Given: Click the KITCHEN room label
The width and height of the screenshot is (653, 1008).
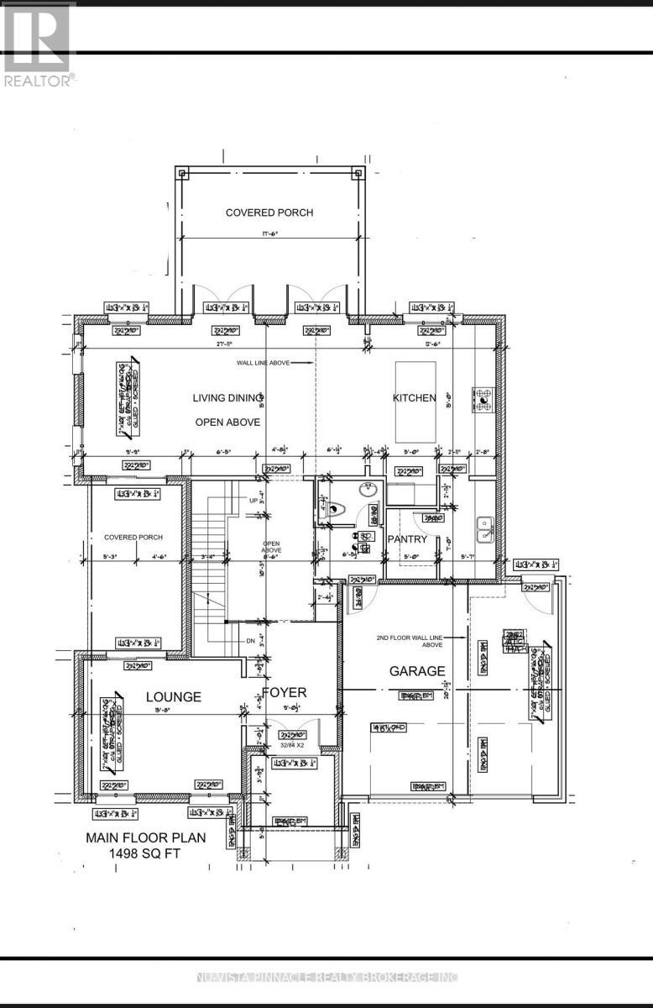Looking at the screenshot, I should pos(414,397).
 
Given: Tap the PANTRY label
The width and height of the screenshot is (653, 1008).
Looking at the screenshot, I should pos(407,539).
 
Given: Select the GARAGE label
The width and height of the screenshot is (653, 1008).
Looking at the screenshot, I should pos(415,671).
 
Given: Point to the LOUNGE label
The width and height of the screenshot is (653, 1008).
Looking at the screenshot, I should pos(174,696).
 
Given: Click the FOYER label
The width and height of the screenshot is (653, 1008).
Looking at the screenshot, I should pos(284,692).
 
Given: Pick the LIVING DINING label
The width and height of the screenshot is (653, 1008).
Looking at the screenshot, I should pos(228,397).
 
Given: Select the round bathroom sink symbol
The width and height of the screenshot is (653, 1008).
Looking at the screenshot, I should pos(369,491).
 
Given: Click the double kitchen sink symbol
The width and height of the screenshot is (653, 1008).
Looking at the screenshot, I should pos(485,528).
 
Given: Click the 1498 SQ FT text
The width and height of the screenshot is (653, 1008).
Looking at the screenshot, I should pos(144,853).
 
